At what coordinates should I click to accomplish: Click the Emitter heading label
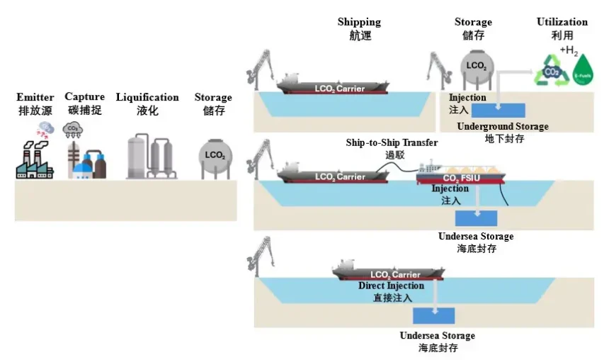[35, 97]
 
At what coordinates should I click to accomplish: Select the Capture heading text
[84, 97]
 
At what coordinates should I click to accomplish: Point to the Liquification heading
[147, 97]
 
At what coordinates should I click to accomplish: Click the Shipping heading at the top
[359, 22]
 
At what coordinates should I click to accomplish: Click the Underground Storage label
[503, 126]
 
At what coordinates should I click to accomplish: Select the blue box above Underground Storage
[499, 110]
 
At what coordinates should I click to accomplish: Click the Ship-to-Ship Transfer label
[392, 142]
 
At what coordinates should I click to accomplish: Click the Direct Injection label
[391, 286]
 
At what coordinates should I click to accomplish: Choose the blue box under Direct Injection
[434, 315]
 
